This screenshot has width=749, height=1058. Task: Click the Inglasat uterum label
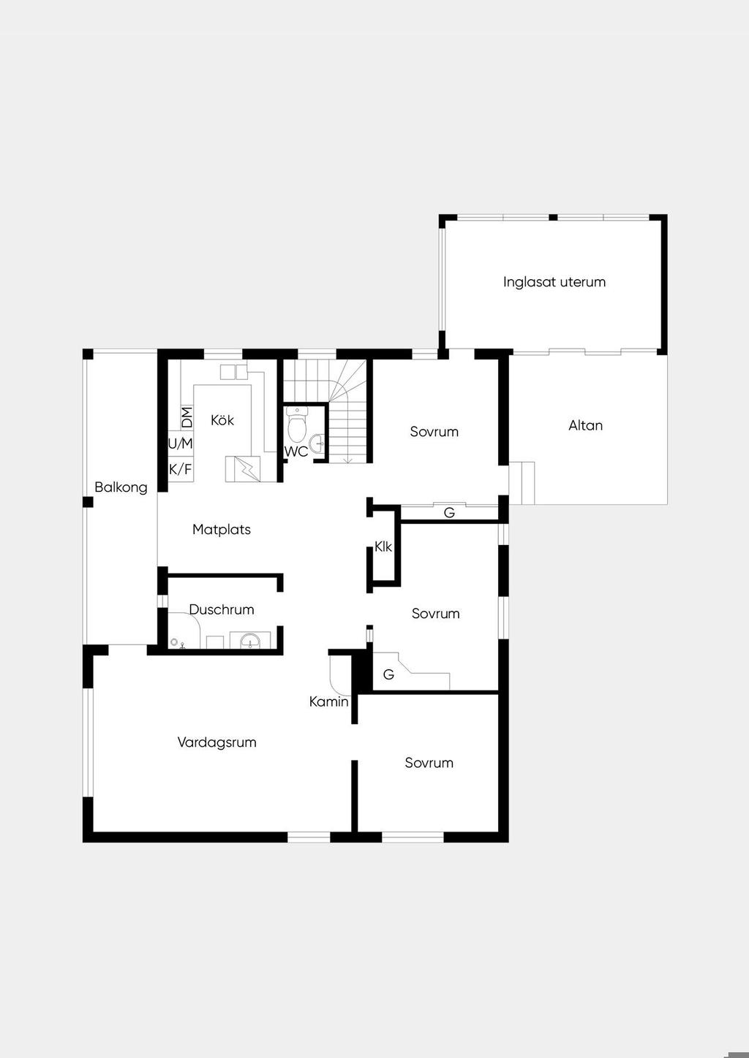tap(554, 282)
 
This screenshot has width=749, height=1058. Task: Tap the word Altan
tap(585, 425)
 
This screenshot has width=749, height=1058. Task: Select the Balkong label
tap(121, 487)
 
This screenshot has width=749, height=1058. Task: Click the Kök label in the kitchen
tap(222, 420)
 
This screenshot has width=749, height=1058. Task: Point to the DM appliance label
tap(187, 417)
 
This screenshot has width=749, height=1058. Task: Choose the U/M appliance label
tap(180, 444)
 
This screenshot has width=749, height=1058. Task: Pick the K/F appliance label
tap(180, 470)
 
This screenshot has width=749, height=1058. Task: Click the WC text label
tap(296, 452)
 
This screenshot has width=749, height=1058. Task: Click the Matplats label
tap(222, 530)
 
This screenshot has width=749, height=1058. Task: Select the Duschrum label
tap(222, 610)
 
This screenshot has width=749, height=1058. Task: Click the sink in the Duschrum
tap(250, 641)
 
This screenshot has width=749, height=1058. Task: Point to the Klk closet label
tap(383, 547)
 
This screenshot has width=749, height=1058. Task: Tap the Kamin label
tap(328, 702)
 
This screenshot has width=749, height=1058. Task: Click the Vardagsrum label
tap(217, 742)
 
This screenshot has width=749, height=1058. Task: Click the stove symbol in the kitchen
tap(243, 469)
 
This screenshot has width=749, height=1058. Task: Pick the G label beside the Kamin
tap(388, 674)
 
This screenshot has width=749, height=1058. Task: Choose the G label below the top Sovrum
tap(449, 512)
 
